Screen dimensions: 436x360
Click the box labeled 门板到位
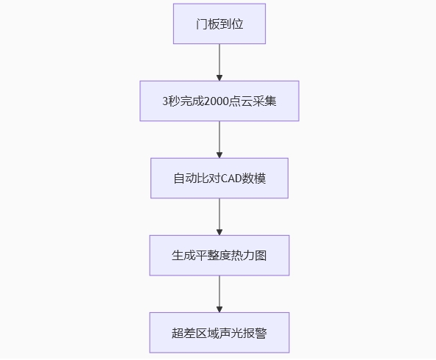pos(219,24)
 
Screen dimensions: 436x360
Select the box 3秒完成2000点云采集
pos(219,101)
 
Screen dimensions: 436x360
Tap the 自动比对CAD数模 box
pos(219,179)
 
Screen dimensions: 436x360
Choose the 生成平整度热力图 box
pos(219,256)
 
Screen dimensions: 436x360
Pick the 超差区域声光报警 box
pos(219,333)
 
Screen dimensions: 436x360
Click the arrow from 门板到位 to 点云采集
pos(219,62)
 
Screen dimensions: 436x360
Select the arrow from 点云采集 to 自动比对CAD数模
pos(219,140)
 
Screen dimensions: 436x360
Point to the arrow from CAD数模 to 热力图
pos(219,217)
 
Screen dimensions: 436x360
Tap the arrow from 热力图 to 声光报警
pos(219,294)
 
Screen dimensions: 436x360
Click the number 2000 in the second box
pos(216,101)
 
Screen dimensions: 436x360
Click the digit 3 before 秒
pos(165,101)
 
